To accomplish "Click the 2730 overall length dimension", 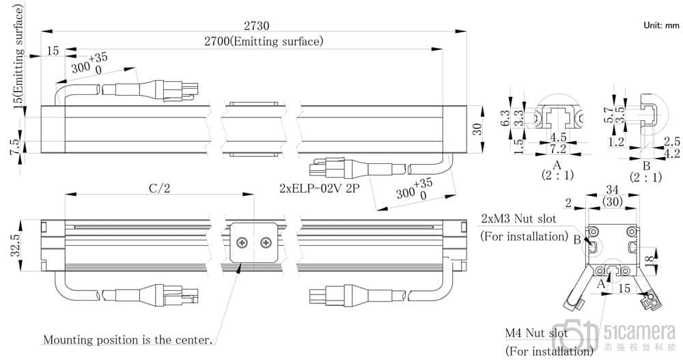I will [256, 26].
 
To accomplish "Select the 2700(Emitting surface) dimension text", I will [264, 42].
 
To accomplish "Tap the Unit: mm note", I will [661, 25].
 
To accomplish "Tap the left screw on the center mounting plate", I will [242, 243].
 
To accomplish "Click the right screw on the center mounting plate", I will [266, 243].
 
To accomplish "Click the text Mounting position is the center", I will [128, 339].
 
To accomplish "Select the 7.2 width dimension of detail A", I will [559, 148].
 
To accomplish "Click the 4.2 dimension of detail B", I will [672, 153].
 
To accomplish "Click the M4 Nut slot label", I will [535, 333].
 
